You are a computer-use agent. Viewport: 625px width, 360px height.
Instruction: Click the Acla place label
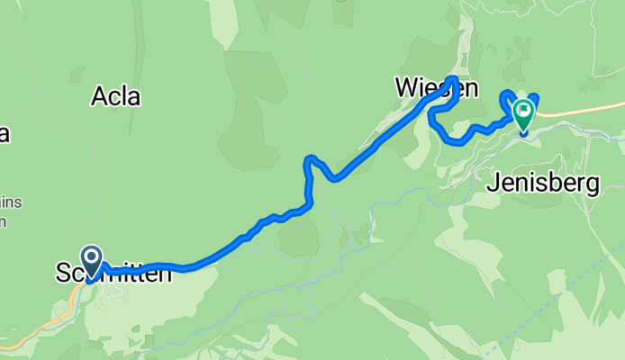[x=115, y=96]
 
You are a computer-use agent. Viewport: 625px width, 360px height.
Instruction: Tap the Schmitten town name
[x=113, y=274]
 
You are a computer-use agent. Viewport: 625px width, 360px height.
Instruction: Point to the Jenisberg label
[x=543, y=184]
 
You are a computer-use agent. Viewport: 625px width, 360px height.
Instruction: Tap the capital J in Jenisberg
[x=493, y=184]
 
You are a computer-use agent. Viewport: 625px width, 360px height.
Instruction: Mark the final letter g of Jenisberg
[x=593, y=185]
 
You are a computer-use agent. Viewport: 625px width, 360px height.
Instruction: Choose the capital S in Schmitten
[x=62, y=274]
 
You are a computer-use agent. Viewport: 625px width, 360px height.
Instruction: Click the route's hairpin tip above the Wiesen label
[x=452, y=79]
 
